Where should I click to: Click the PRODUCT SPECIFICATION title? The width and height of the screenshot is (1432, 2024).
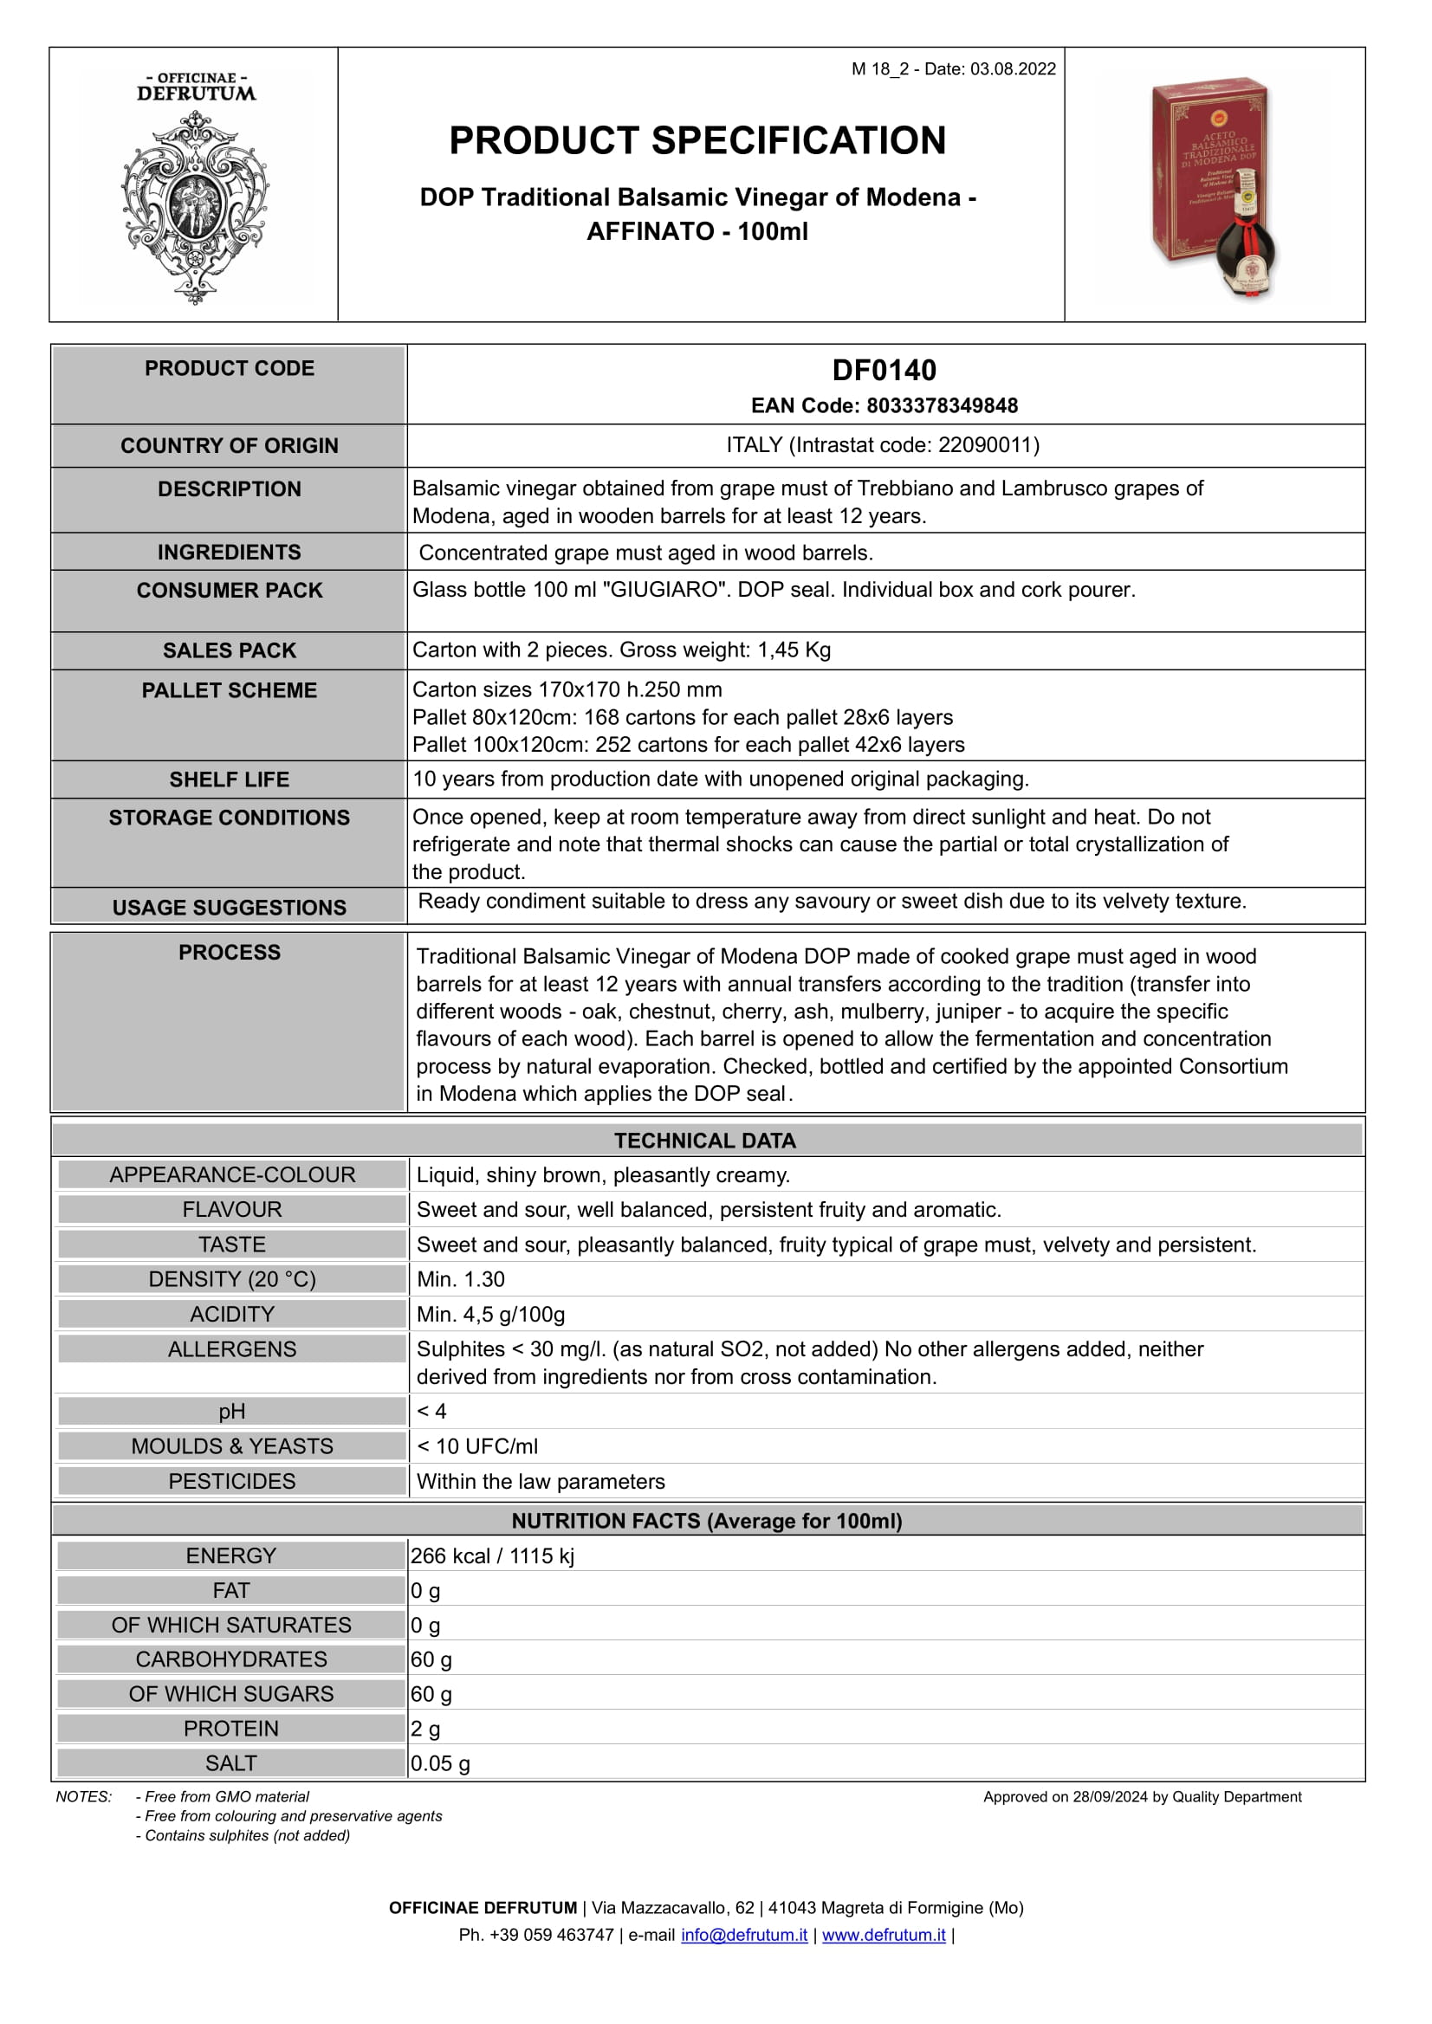[x=697, y=141]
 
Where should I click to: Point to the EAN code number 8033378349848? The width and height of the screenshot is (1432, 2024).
[x=942, y=405]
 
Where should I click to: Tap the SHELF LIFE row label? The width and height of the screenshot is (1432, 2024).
[x=230, y=779]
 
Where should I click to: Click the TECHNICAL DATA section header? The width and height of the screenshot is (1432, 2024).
[x=704, y=1141]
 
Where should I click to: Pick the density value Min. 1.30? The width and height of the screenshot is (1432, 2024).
[x=460, y=1279]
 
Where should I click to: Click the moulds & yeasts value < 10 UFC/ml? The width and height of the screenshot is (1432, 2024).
[x=477, y=1446]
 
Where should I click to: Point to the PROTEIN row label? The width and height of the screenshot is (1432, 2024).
[x=231, y=1729]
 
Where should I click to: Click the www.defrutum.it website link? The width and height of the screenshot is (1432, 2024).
[x=884, y=1935]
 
